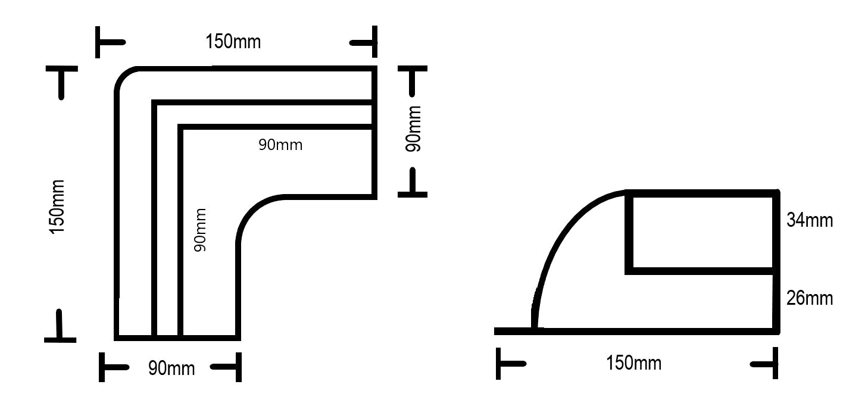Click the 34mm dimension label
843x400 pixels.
click(809, 221)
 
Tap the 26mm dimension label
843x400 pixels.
click(809, 298)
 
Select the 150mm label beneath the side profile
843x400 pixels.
click(633, 362)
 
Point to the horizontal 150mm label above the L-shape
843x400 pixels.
click(233, 42)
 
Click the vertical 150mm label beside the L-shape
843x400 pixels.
click(57, 207)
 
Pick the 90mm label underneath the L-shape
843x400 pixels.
click(171, 368)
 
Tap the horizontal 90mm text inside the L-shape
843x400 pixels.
click(280, 145)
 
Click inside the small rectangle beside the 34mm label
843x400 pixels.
click(702, 232)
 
